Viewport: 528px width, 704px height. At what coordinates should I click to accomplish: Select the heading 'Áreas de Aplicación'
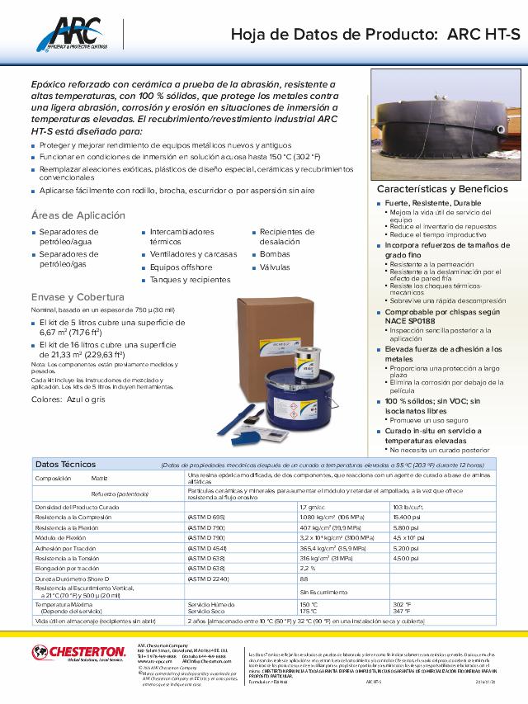[78, 215]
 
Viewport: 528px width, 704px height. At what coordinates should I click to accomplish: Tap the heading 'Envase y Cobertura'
[78, 297]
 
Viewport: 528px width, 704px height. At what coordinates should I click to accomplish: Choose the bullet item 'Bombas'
[275, 254]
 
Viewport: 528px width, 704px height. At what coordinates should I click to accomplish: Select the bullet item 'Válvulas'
[276, 267]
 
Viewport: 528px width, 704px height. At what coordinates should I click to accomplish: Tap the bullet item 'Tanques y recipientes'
[190, 280]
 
